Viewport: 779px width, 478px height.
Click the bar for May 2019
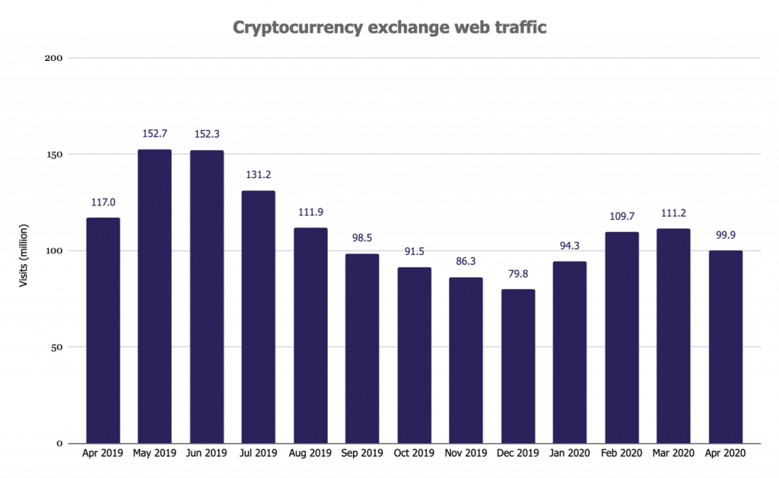pos(154,297)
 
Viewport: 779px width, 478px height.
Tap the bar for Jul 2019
pos(258,317)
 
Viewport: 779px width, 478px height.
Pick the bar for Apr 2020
pos(726,347)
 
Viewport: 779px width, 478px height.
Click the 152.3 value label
pos(206,134)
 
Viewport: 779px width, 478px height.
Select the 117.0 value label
pos(103,202)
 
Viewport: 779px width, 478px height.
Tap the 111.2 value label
pos(674,213)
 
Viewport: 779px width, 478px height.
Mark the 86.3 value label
pos(466,261)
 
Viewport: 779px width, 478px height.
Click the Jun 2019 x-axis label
pos(206,454)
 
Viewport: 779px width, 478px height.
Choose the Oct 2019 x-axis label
pos(414,454)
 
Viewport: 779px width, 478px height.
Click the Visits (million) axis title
pos(24,251)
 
